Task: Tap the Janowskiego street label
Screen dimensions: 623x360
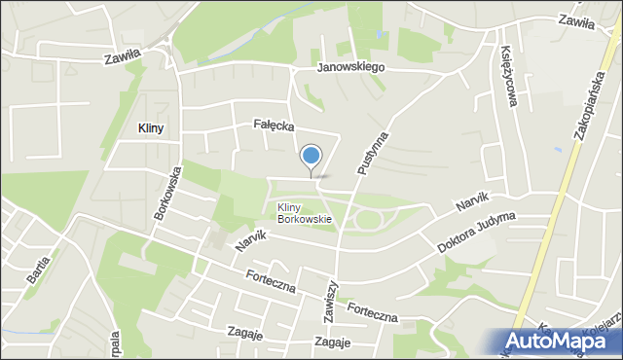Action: pos(351,67)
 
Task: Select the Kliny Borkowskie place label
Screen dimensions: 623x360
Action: pos(304,213)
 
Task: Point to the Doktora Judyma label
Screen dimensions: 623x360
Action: pos(478,235)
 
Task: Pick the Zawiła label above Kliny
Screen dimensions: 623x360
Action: pos(124,57)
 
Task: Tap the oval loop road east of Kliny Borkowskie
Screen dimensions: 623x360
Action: pos(369,220)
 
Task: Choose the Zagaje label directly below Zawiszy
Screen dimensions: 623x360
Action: pos(332,342)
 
